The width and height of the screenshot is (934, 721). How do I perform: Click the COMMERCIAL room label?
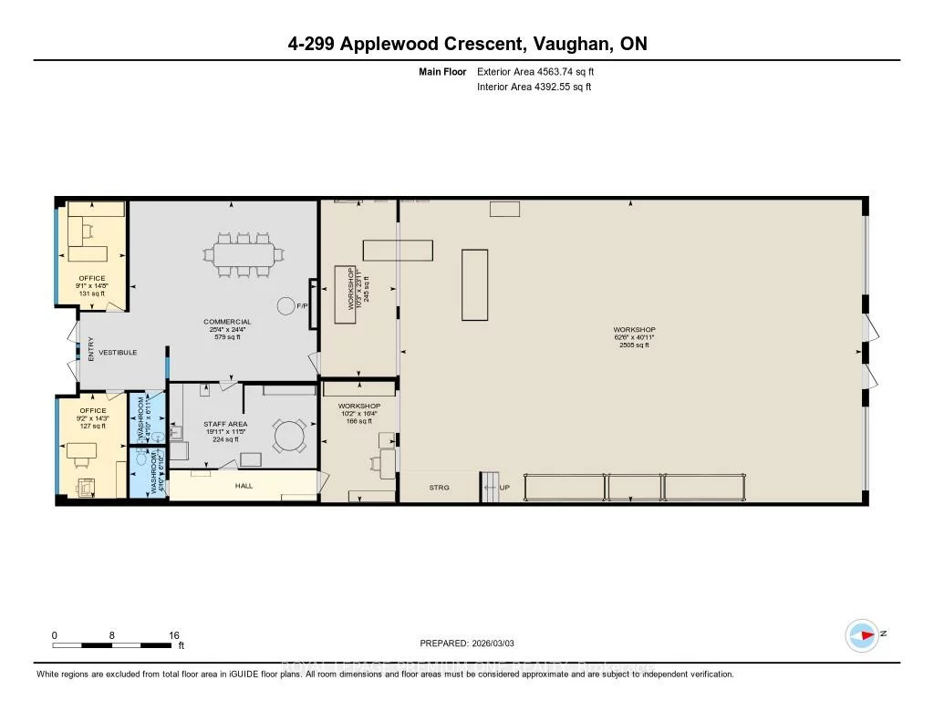click(x=227, y=322)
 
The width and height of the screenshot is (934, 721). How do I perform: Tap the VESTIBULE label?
click(x=119, y=352)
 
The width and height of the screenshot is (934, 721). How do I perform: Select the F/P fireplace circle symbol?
click(x=285, y=306)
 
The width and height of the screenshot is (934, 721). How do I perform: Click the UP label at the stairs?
click(x=503, y=488)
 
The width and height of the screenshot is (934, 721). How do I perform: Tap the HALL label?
click(x=244, y=486)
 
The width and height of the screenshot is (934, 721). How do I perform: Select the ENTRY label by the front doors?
click(x=91, y=349)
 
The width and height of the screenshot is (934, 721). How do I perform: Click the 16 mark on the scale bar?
click(x=173, y=635)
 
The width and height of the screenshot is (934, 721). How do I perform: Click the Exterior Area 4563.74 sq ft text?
click(x=535, y=71)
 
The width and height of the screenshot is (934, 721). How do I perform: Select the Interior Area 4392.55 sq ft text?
click(x=534, y=88)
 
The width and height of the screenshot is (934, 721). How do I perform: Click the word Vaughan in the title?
click(x=558, y=43)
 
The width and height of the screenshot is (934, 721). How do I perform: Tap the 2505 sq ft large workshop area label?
click(x=634, y=345)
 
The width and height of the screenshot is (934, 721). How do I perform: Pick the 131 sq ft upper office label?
click(x=92, y=294)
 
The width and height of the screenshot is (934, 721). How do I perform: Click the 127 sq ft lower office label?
click(x=92, y=426)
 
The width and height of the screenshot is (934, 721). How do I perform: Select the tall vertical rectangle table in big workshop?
click(x=474, y=284)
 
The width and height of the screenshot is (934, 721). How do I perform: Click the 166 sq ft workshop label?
click(x=358, y=421)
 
